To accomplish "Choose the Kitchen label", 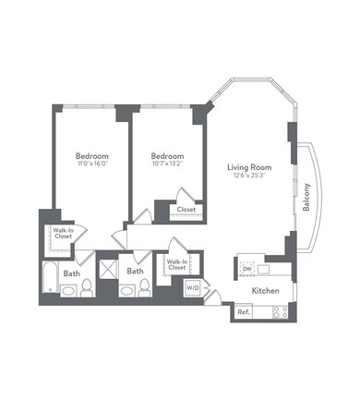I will [x=266, y=290].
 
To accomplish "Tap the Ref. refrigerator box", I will [x=244, y=312].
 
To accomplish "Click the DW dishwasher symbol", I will [x=246, y=269].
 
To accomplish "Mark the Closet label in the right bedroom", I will [x=186, y=210].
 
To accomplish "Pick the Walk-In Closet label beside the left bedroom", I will [x=63, y=233].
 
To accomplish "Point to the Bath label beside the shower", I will [x=135, y=272].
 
